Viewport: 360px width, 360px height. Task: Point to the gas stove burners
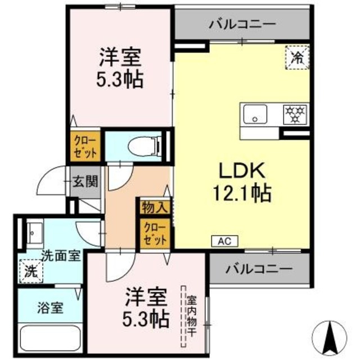click(x=294, y=114)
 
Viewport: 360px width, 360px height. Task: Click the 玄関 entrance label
click(x=85, y=181)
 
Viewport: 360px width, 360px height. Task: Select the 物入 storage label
click(x=155, y=206)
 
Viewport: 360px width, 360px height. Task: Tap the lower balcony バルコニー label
click(x=259, y=268)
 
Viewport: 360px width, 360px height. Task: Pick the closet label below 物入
click(x=155, y=232)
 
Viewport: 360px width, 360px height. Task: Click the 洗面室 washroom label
click(x=61, y=255)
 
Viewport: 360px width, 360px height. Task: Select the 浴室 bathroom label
click(x=50, y=308)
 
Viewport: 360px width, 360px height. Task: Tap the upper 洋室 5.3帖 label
click(x=119, y=67)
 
